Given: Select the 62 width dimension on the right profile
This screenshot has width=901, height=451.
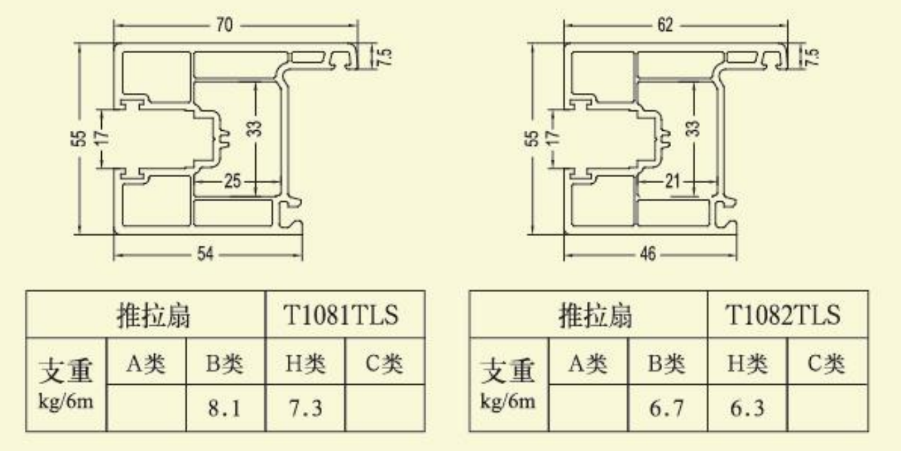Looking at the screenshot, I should coord(664,26).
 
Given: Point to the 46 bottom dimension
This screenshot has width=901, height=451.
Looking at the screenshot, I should coord(647,255).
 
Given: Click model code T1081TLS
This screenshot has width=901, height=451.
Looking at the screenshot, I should coord(341,315).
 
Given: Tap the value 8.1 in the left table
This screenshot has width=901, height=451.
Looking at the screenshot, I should coord(224,409).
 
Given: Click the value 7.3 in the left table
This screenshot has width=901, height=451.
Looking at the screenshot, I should coord(305,409).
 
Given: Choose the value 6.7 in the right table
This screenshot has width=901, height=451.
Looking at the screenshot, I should coord(666,409).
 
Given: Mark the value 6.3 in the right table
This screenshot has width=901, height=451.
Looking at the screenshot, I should coord(747,409).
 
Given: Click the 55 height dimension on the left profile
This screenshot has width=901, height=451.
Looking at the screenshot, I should coord(81,138).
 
